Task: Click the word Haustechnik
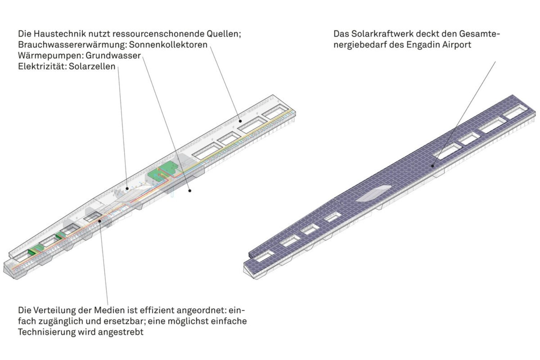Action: (x=59, y=33)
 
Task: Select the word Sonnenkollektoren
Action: (x=168, y=45)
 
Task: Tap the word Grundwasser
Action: (x=113, y=55)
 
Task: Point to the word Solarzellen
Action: (x=92, y=66)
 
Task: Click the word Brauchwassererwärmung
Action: (x=73, y=45)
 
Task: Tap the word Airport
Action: (x=456, y=45)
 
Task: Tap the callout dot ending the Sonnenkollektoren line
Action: (x=240, y=121)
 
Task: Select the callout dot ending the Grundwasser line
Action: (x=190, y=191)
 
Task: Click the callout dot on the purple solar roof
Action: (x=433, y=166)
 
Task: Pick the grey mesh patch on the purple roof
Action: (x=373, y=193)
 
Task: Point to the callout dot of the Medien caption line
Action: (x=100, y=221)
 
